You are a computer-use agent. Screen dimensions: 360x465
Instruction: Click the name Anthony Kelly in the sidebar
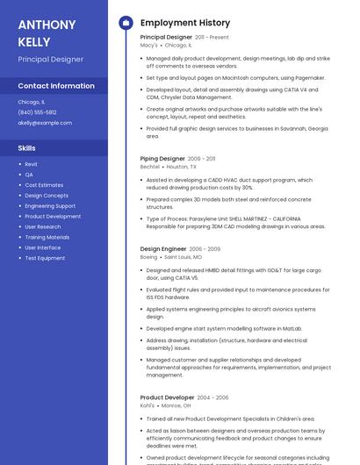tap(47, 32)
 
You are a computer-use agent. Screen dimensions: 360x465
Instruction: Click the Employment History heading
tap(184, 23)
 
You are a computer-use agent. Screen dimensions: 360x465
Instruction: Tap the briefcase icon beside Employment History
tap(125, 23)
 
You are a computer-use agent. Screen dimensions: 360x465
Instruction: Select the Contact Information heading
tap(56, 86)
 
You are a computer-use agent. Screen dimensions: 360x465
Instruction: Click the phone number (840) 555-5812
tap(37, 112)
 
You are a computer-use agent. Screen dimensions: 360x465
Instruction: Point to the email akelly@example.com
tap(45, 123)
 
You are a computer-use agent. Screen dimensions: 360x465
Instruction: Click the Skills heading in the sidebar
tap(27, 148)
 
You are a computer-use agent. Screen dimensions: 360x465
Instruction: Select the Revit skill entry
tap(31, 164)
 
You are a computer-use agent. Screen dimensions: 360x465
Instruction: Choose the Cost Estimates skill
tap(44, 185)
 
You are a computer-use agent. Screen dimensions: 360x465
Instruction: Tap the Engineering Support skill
tap(50, 206)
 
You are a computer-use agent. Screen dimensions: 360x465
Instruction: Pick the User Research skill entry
tap(43, 227)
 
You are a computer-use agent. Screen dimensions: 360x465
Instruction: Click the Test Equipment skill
tap(45, 258)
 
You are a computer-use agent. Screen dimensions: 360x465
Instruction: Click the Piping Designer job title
tap(162, 159)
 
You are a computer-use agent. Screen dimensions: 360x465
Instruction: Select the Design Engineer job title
tap(163, 249)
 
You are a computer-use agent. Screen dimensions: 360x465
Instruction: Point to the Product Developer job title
tap(167, 397)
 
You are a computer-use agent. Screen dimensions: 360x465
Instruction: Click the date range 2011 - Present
tap(212, 38)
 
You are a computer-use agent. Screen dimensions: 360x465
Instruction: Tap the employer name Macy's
tap(148, 46)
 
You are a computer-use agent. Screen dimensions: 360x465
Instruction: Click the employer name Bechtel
tap(150, 167)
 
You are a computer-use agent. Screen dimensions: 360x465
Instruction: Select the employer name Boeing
tap(149, 257)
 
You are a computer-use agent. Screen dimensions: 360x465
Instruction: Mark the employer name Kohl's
tap(148, 405)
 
